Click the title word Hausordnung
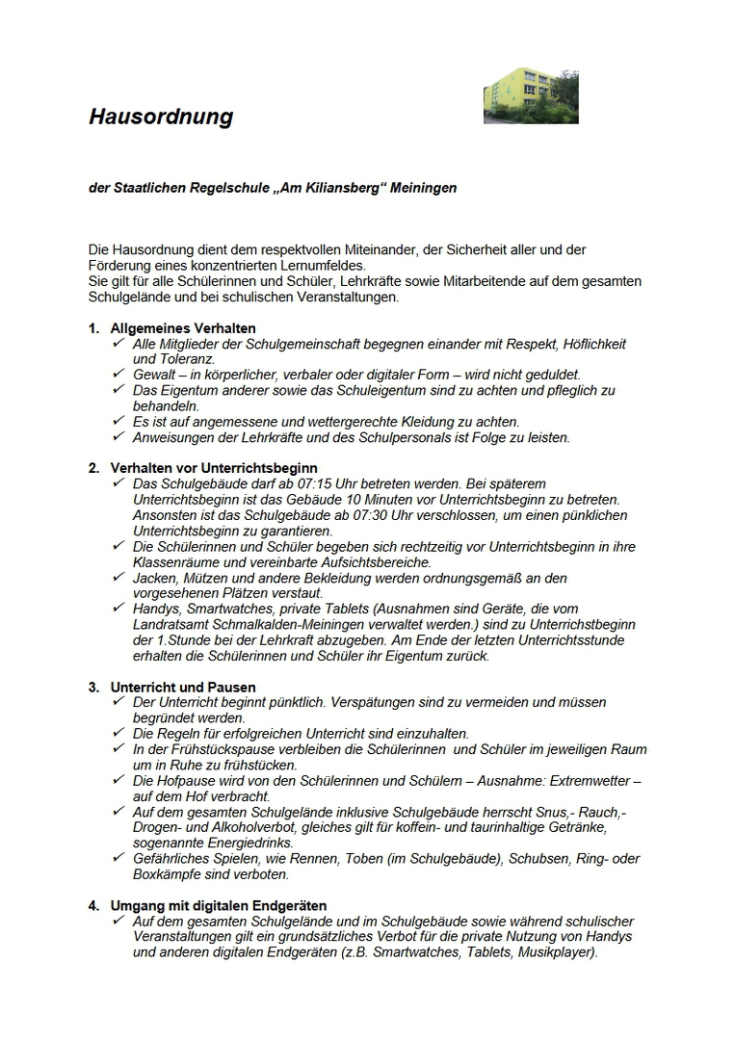click(x=161, y=117)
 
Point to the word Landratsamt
click(x=170, y=624)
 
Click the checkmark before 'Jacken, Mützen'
click(x=119, y=577)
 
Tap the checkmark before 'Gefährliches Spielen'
click(x=119, y=858)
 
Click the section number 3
click(x=93, y=688)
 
